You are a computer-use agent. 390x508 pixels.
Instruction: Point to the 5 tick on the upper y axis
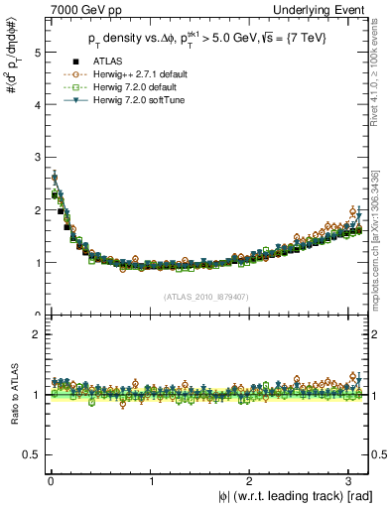coord(36,53)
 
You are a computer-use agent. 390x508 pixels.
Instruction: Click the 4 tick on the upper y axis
coord(36,105)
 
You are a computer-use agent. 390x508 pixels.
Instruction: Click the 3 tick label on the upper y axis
coord(36,158)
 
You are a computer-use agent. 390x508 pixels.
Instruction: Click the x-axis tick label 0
coord(51,481)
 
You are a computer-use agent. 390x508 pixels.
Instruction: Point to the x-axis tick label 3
coord(351,481)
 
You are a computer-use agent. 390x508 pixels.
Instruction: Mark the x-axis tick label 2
coord(251,481)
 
